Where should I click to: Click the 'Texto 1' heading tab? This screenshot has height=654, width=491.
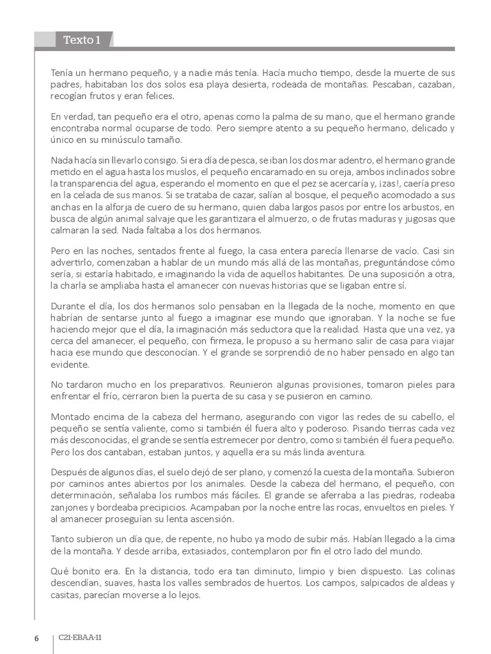tap(82, 41)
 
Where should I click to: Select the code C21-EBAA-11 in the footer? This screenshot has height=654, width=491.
tap(80, 637)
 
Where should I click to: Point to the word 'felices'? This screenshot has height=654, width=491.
tap(168, 96)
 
